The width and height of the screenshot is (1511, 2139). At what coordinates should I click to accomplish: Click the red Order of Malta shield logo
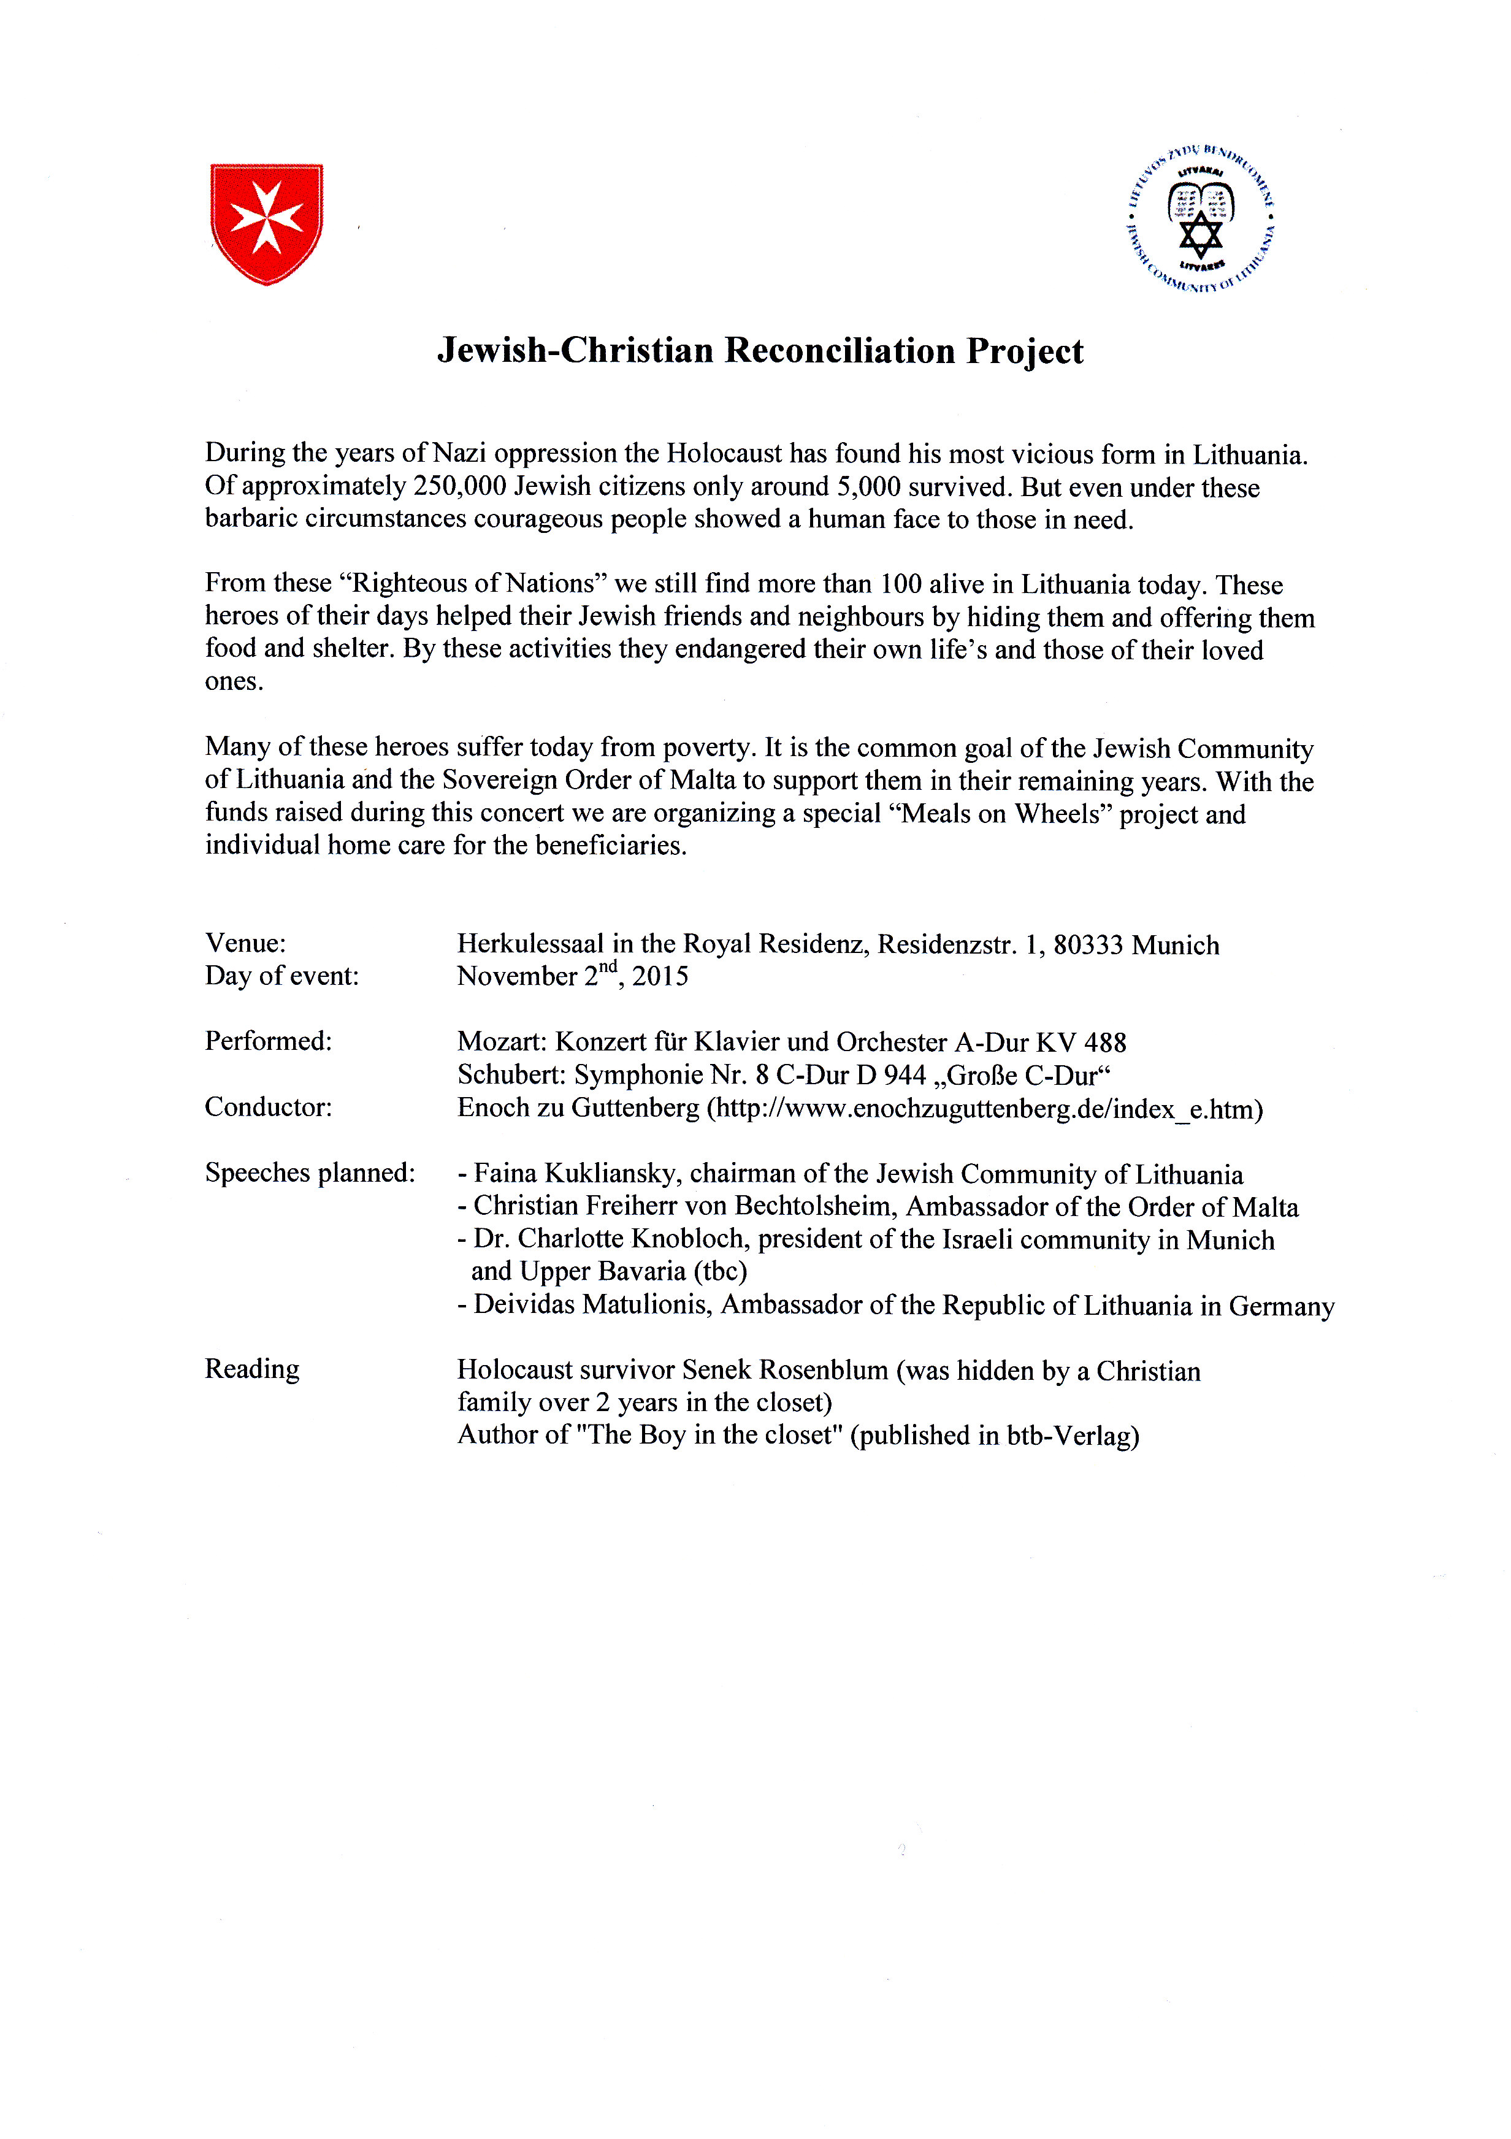(266, 224)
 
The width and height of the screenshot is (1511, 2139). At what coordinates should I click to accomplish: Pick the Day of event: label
(281, 976)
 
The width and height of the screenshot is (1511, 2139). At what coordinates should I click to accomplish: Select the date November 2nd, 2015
(572, 976)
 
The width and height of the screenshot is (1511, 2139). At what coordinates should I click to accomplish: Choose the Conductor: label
(269, 1107)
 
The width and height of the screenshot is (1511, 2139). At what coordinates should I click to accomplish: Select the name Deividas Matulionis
(592, 1305)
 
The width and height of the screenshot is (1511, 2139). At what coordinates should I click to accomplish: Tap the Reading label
(253, 1369)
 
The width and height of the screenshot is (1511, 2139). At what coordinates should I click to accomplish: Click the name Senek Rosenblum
(786, 1371)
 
